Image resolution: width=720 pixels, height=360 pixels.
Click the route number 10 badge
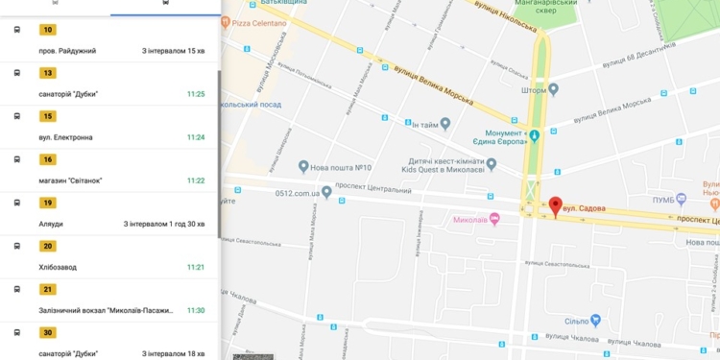click(x=47, y=30)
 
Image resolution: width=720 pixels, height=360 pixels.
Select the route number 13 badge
click(x=47, y=73)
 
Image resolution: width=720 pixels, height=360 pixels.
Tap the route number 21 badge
click(x=47, y=289)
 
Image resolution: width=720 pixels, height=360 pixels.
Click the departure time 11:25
click(x=195, y=94)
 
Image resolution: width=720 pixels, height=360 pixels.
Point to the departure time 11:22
click(x=195, y=180)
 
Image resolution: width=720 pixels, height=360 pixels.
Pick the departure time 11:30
click(x=195, y=310)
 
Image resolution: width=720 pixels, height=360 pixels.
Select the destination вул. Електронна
click(x=66, y=137)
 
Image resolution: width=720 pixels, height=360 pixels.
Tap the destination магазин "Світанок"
click(x=70, y=180)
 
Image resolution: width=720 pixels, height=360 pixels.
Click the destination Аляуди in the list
click(x=52, y=224)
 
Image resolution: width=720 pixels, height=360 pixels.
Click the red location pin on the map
click(x=555, y=206)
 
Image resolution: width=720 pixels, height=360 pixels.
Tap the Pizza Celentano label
click(x=259, y=22)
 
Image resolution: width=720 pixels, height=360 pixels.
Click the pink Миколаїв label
click(x=470, y=219)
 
